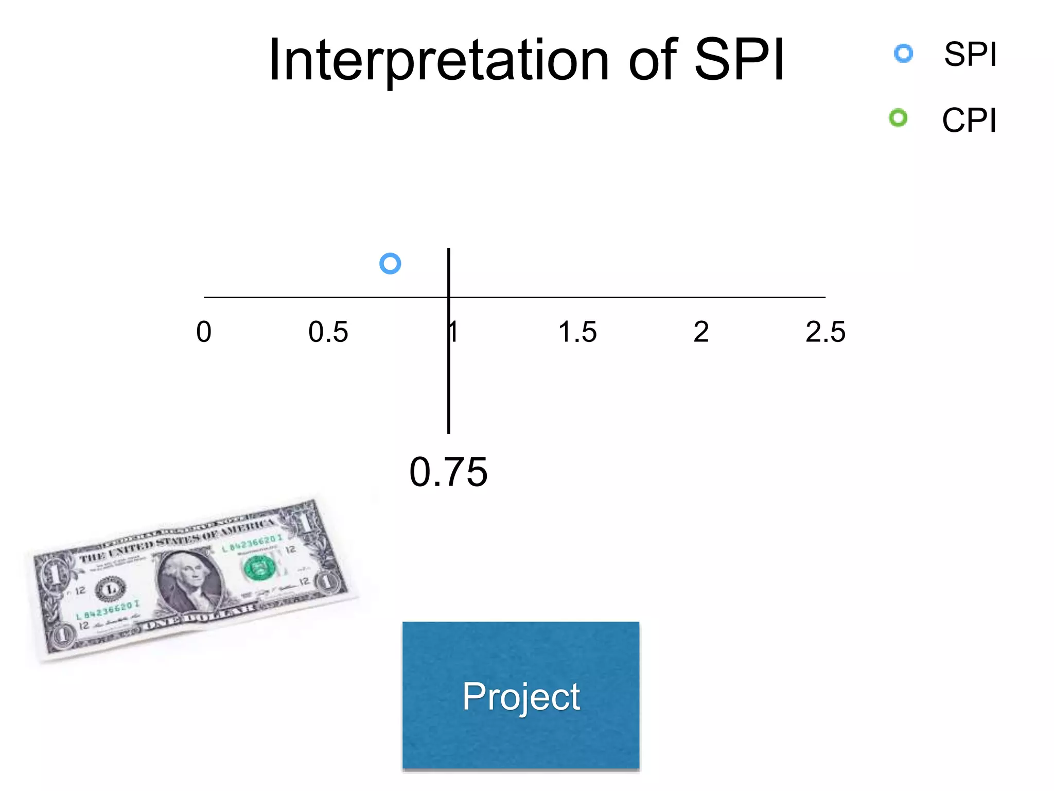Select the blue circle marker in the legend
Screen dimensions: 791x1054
(903, 54)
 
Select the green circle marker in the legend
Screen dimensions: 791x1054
(898, 118)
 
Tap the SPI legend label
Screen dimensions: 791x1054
(970, 54)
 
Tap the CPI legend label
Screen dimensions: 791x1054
(969, 121)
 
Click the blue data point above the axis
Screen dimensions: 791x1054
(390, 264)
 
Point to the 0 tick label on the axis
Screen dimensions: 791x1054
(204, 332)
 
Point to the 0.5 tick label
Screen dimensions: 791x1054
(328, 332)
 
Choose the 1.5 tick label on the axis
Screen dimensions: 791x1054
(577, 332)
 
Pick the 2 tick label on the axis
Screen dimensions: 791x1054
(701, 332)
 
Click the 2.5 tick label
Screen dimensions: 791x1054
(825, 332)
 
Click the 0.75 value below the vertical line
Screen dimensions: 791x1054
(448, 472)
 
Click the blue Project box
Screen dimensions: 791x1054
(521, 695)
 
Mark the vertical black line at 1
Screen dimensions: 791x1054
(449, 386)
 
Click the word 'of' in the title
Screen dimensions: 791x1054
(653, 61)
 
